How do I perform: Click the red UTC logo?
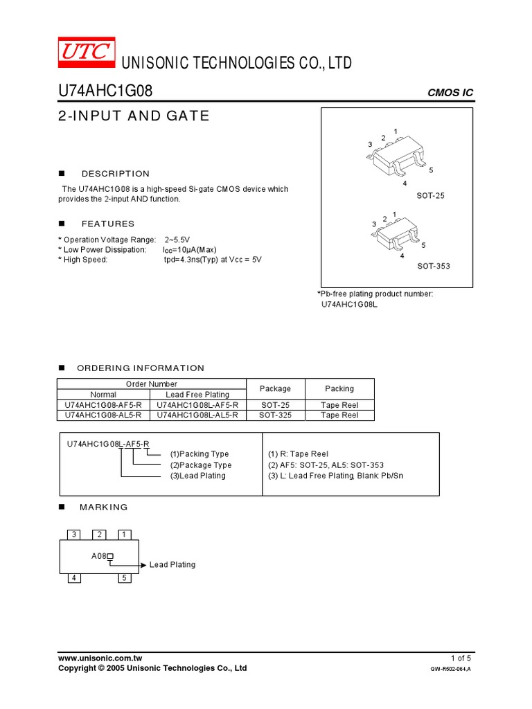point(85,51)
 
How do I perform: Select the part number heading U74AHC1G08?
point(105,92)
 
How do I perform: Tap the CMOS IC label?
point(450,93)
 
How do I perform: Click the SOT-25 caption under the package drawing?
point(430,196)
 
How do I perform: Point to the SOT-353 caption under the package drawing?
point(433,266)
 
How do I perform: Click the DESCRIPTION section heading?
point(115,174)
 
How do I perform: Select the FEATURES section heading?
point(108,224)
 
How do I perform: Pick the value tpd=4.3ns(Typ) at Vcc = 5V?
point(213,260)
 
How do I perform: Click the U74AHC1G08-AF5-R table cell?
point(103,405)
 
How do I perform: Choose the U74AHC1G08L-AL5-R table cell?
point(197,415)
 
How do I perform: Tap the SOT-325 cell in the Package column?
point(275,415)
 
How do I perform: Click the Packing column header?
point(339,388)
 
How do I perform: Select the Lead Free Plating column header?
point(197,395)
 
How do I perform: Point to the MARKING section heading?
point(104,507)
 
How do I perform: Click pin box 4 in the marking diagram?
point(74,578)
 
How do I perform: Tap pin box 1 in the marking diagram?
point(124,534)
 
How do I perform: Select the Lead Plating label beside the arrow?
point(172,565)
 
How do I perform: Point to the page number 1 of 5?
point(461,658)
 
